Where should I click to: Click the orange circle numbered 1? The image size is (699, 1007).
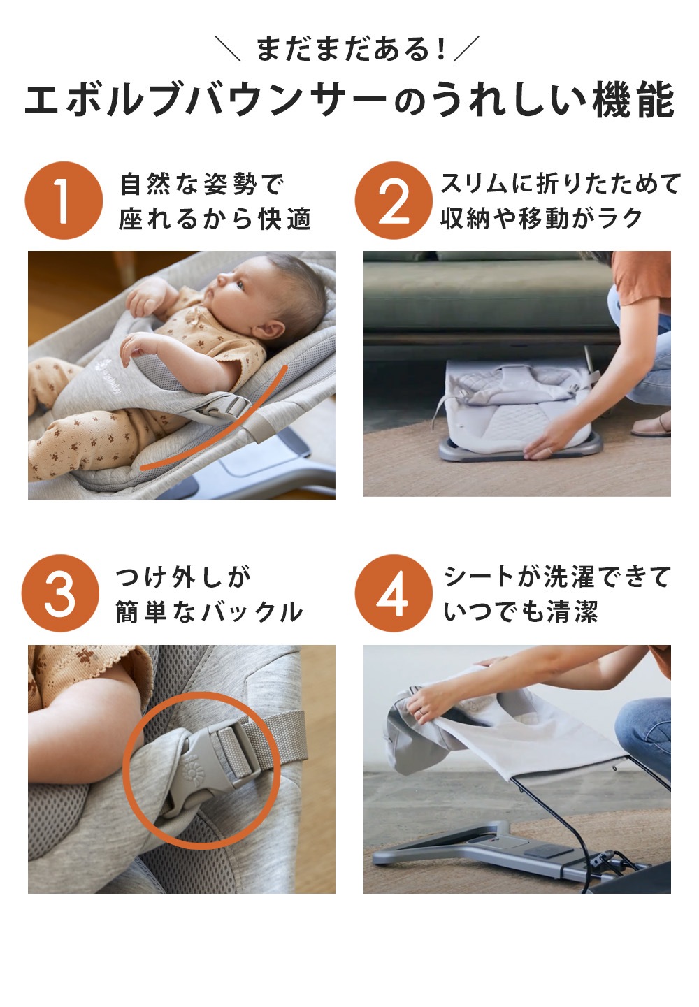pos(64,200)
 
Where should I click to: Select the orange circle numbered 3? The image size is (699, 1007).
pos(60,593)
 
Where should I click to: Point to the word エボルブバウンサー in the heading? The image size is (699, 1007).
pos(206,100)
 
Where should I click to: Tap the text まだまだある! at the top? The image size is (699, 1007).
pos(350,49)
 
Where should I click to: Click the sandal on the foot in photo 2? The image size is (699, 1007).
pos(651,426)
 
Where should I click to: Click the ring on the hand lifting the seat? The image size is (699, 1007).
pos(421,712)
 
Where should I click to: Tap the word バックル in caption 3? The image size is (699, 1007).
pos(252,611)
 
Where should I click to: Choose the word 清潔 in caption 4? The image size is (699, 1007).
pos(572,611)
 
